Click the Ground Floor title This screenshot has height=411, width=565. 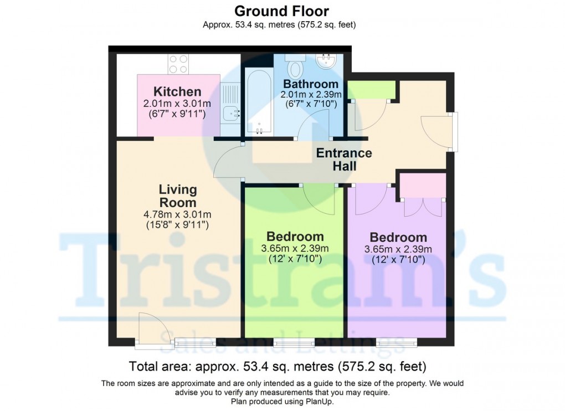coord(281,11)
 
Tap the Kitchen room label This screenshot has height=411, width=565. coord(177,91)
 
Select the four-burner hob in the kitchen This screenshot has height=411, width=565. coord(178,64)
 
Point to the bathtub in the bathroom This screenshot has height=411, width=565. coord(258,103)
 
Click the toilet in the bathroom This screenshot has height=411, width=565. coord(295,67)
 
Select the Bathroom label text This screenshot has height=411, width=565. coord(310,84)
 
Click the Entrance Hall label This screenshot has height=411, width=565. coord(344,160)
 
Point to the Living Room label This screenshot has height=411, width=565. coord(178,196)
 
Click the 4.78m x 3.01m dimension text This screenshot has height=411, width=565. coord(178,215)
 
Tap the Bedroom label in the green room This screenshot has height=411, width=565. coord(295,236)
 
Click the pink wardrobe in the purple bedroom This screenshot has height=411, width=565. coord(423,186)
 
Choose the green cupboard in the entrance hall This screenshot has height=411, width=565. coord(371,90)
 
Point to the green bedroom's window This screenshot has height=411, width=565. coord(294,342)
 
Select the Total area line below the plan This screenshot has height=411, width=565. coord(277,366)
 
